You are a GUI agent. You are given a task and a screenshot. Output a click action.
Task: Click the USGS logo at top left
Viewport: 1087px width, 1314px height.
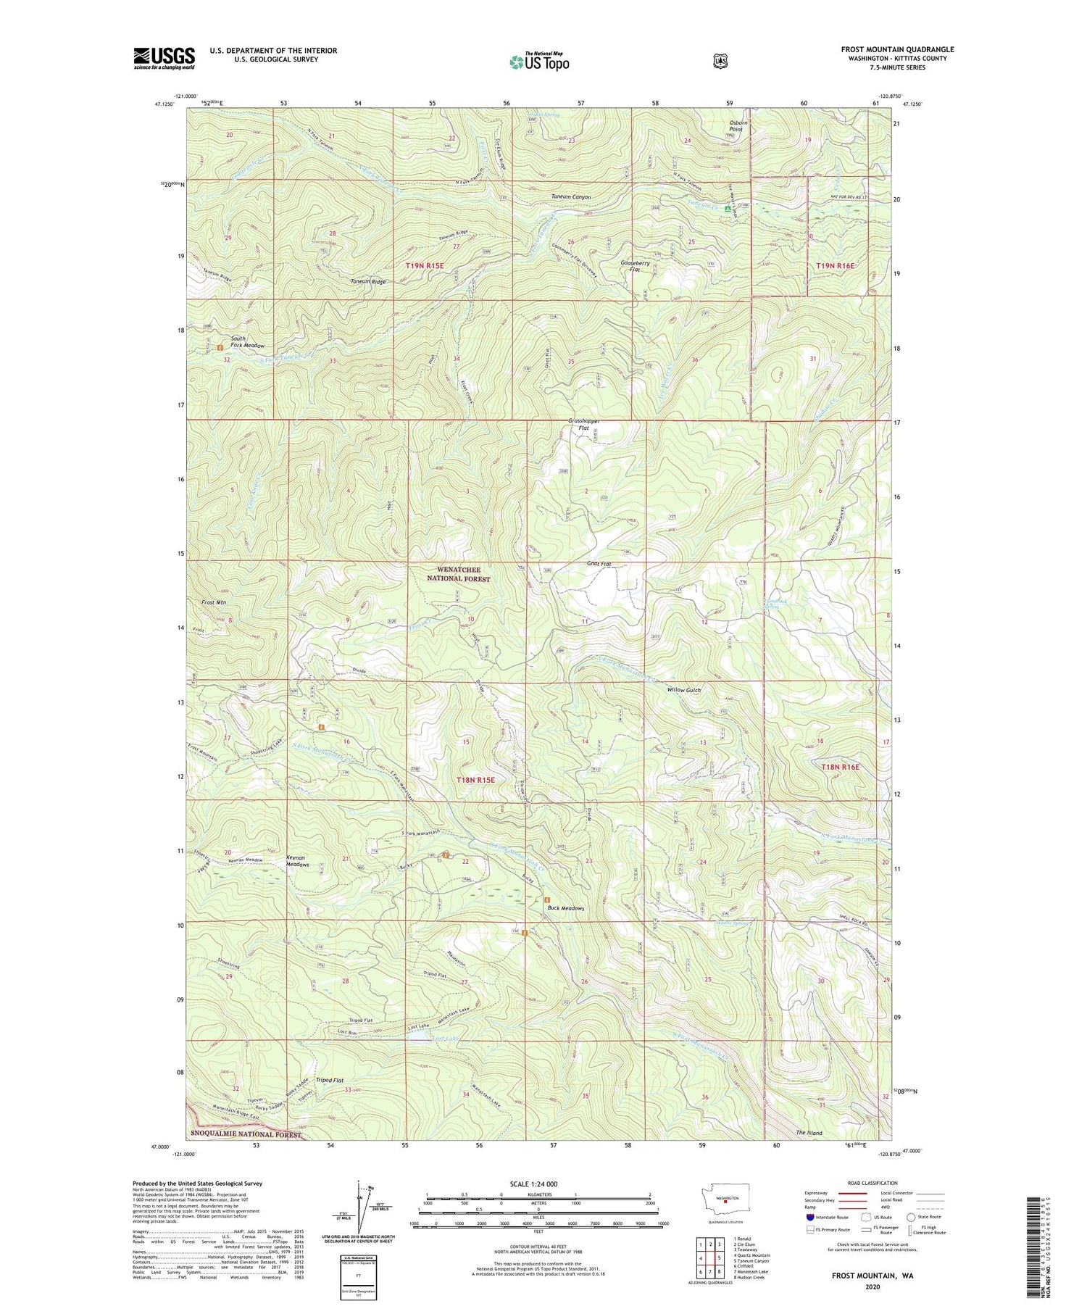click(164, 58)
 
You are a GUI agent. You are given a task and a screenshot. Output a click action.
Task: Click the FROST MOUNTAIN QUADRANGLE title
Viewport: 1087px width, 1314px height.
click(897, 49)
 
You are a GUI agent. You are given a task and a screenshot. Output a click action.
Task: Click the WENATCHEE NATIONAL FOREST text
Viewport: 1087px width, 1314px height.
click(453, 574)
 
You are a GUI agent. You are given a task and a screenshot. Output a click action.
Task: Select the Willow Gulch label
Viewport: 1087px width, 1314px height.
click(684, 690)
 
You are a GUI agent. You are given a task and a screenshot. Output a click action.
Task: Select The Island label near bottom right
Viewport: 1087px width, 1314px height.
click(809, 1132)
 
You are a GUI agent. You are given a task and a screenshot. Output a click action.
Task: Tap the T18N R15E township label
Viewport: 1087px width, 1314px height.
click(475, 780)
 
